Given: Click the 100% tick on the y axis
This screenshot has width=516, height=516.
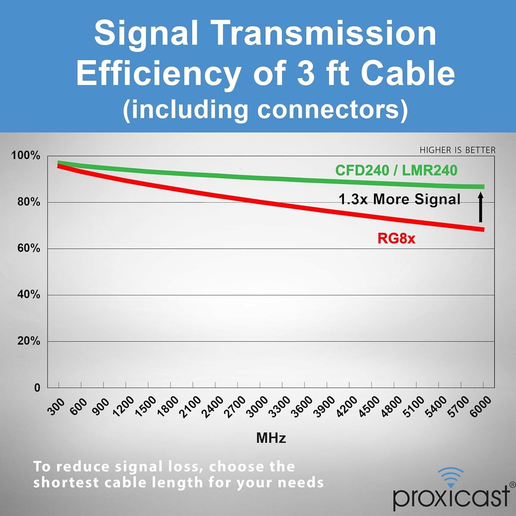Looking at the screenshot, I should point(26,155).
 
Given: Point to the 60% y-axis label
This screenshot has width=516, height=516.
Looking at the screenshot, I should point(29,248).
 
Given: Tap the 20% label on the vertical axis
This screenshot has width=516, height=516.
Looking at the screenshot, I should point(29,341).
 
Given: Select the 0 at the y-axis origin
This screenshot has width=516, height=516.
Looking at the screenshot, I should point(37,388).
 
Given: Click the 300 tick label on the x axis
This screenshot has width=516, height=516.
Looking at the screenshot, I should point(56,407).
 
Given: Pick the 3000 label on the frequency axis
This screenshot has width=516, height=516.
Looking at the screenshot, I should point(257,407).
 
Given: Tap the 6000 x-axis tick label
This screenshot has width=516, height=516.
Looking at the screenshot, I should point(481,407).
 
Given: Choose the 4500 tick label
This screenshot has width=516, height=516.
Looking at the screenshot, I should point(369,407).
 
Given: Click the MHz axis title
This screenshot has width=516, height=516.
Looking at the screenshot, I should point(271,438).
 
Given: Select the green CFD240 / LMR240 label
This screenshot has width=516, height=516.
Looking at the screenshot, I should point(396,170).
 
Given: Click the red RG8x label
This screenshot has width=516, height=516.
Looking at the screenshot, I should point(396,238).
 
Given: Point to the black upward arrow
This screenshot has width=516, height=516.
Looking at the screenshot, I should point(481,207).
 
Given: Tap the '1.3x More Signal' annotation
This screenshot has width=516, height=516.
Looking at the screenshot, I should point(399,199).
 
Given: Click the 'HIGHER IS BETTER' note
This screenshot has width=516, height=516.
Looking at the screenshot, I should point(458,150).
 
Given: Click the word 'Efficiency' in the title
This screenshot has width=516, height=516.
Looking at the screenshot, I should point(159,73).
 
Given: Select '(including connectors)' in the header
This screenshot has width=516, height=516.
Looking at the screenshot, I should point(265,109).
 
